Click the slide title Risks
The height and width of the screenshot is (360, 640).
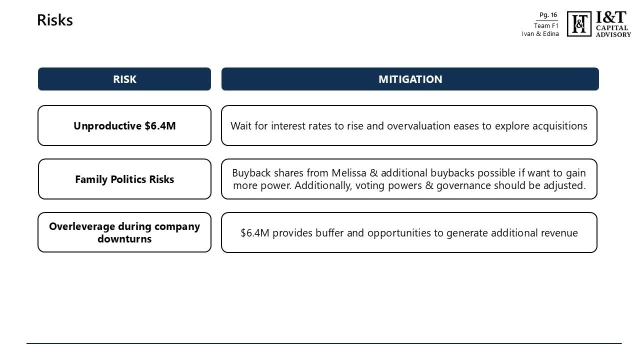[x=55, y=20]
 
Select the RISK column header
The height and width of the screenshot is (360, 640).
[x=124, y=79]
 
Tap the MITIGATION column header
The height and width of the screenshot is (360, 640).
[x=410, y=79]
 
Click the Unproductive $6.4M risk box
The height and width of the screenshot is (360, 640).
[x=124, y=125]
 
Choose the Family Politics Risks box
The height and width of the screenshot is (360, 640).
[x=124, y=179]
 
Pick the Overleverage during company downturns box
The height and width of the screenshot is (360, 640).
[x=124, y=232]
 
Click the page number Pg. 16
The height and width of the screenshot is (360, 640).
[x=548, y=15]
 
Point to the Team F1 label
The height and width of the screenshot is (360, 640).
[x=546, y=25]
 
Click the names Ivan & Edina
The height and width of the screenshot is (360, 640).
[x=540, y=34]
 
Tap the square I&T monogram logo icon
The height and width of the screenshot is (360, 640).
[x=579, y=24]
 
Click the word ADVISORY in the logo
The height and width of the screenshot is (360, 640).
[x=613, y=34]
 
